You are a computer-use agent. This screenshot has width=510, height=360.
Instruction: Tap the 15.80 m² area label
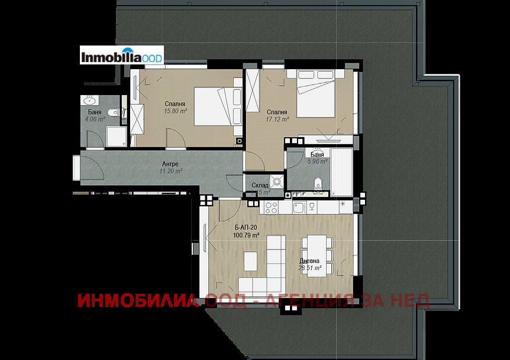176,111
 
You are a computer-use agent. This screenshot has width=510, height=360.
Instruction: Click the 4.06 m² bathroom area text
95,119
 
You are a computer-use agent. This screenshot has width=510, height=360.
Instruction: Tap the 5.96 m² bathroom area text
317,161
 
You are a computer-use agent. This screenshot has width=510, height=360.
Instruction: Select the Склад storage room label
260,185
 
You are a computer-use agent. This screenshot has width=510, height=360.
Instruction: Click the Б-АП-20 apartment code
246,227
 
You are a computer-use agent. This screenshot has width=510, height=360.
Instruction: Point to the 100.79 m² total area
247,235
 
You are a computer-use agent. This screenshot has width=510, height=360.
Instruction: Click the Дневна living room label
309,261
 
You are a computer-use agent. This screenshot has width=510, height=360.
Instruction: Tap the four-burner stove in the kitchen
271,207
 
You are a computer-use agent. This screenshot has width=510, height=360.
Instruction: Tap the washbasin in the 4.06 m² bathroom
90,100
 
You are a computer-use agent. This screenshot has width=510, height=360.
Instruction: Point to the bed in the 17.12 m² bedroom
317,93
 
